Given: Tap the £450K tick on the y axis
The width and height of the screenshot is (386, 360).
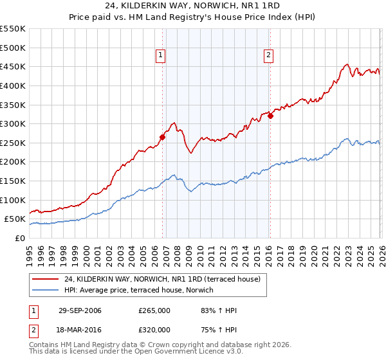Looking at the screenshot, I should (12, 66).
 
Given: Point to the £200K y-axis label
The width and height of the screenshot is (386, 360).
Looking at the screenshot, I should (12, 161).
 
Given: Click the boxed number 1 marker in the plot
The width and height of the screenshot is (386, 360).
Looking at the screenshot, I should (160, 56).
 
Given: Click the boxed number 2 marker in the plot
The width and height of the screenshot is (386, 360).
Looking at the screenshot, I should (268, 56).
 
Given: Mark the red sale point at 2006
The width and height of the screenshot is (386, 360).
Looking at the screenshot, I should (163, 136).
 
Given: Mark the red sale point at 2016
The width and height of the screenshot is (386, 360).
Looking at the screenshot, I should (270, 116).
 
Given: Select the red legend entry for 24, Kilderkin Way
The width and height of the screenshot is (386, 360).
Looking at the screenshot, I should (161, 279).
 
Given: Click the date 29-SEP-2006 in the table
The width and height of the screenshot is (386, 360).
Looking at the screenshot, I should (80, 310).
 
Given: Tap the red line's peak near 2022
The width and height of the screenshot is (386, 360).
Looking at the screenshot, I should (347, 64).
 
